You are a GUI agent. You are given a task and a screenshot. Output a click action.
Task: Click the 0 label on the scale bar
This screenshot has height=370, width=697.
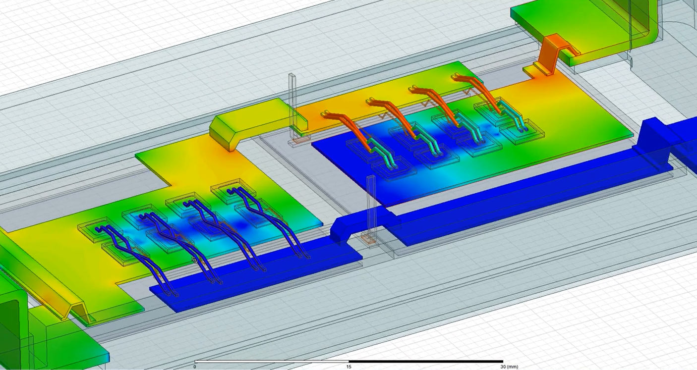(195, 367)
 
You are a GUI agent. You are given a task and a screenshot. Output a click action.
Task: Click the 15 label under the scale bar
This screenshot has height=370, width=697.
(349, 367)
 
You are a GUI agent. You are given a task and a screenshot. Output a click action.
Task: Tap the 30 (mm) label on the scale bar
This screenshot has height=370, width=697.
(510, 367)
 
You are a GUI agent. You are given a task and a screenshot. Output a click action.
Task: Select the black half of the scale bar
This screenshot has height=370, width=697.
(426, 362)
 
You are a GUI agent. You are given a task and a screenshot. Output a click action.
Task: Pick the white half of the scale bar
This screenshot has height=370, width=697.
(272, 362)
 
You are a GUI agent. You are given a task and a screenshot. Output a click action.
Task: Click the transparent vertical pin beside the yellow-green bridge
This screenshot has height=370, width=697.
(293, 106)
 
